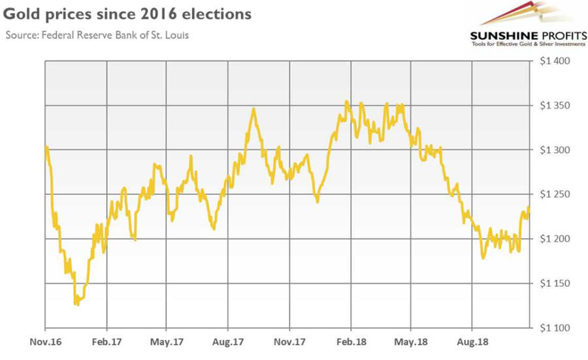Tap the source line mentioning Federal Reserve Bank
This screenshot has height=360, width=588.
[x=97, y=35]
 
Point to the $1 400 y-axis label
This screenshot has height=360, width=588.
[x=553, y=61]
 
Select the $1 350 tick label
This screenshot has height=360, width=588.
[x=553, y=106]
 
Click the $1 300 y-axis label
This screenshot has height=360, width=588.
[x=553, y=150]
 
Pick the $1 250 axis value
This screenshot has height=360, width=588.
[x=553, y=195]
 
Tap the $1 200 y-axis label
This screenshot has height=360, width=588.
[x=553, y=239]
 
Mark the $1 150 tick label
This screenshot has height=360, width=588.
[x=553, y=284]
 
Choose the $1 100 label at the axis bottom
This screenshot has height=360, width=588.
[x=553, y=328]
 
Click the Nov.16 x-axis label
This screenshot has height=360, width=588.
[x=46, y=341]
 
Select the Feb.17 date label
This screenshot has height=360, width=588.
[x=106, y=341]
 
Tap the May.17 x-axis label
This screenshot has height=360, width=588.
[x=166, y=341]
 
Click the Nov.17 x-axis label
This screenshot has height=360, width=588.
[x=289, y=341]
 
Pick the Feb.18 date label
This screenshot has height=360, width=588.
[x=350, y=341]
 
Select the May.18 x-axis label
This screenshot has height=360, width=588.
[x=410, y=341]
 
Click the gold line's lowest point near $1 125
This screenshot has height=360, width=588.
[x=76, y=304]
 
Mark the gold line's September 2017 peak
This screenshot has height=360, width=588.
[x=253, y=110]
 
